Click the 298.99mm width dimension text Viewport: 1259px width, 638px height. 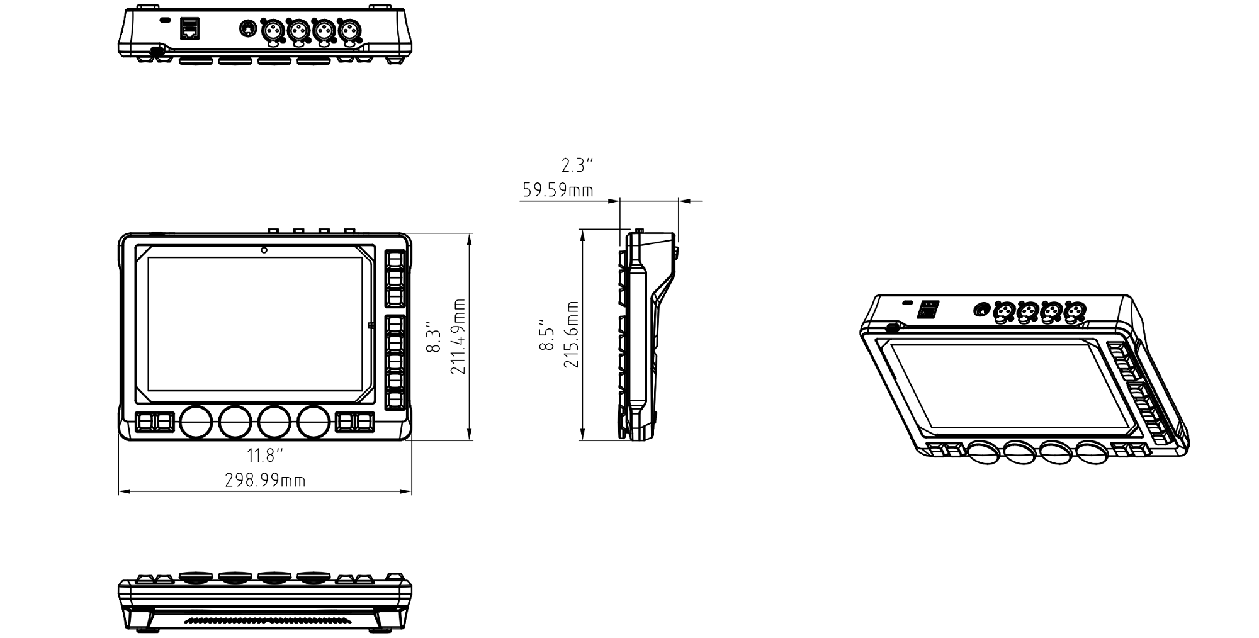pos(265,481)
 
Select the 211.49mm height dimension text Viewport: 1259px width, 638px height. pos(458,337)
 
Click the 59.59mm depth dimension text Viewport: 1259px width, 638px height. pos(558,190)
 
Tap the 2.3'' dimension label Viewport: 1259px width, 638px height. pos(577,165)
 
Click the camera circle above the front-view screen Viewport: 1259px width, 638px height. pos(264,250)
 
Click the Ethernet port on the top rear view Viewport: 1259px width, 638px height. pos(191,28)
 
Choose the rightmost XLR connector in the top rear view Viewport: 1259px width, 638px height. pos(349,29)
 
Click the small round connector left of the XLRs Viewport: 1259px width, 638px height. pos(248,28)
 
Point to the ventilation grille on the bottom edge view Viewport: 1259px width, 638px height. pos(265,620)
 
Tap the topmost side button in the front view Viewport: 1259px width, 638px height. pos(394,260)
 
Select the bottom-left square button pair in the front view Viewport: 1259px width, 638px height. pos(154,422)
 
